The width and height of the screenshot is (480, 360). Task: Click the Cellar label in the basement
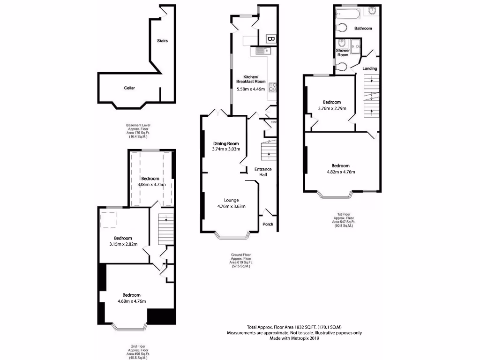click(x=130, y=88)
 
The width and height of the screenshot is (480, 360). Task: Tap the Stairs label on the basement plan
click(x=162, y=41)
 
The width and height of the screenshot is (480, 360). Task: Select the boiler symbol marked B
click(x=270, y=39)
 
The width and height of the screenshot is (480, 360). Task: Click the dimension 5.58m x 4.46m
click(x=251, y=89)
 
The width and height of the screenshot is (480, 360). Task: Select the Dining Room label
click(x=226, y=143)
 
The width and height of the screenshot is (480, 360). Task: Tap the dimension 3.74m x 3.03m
click(x=226, y=150)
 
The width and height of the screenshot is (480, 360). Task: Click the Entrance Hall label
click(x=263, y=172)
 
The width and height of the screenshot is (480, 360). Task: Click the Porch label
click(x=268, y=224)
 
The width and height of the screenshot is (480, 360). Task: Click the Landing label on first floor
click(x=370, y=68)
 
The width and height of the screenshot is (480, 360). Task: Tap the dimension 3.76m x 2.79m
click(x=332, y=108)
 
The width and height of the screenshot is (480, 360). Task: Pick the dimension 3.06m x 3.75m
click(x=150, y=185)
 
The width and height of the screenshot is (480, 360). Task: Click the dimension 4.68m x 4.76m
click(x=132, y=301)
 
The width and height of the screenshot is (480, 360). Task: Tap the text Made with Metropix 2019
click(x=294, y=338)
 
